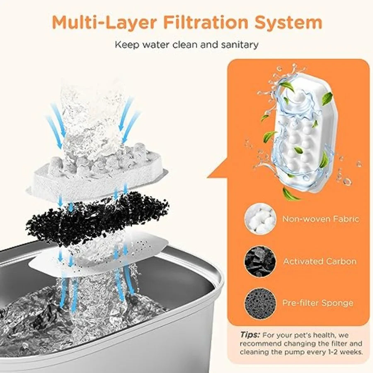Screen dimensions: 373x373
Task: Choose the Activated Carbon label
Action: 320,261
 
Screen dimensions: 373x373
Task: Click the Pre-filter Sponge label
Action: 317,303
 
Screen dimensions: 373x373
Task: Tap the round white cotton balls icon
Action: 260,218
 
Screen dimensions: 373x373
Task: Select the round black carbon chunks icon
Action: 260,261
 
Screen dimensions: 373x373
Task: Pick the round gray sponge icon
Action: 260,303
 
